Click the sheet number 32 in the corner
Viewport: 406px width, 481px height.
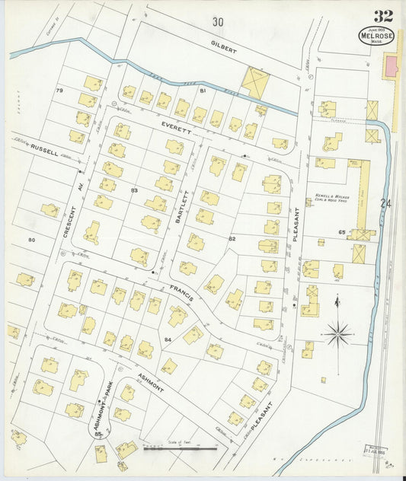pos(383,15)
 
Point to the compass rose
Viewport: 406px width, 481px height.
pos(338,332)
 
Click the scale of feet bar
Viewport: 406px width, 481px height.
pos(179,449)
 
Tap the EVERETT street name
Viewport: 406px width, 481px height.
pos(175,125)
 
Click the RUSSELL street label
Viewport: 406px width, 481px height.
pos(44,151)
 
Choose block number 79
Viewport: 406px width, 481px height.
pos(59,91)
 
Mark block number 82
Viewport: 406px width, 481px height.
pos(232,238)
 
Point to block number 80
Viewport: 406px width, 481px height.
pos(31,240)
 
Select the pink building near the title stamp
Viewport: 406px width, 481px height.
pos(391,65)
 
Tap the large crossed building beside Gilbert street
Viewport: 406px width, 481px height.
pos(254,82)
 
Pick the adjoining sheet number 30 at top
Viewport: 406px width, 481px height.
pos(219,21)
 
